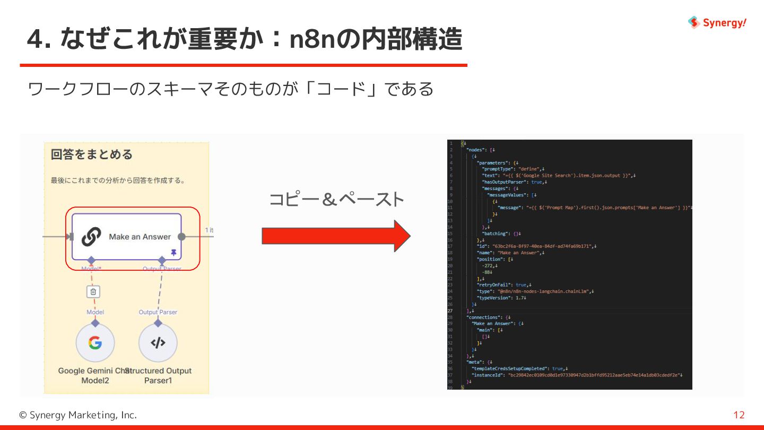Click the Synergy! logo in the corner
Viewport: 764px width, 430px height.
pyautogui.click(x=717, y=22)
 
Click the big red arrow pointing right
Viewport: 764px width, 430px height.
pyautogui.click(x=336, y=236)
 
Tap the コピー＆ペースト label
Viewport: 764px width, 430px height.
pyautogui.click(x=336, y=200)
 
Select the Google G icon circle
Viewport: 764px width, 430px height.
pyautogui.click(x=95, y=343)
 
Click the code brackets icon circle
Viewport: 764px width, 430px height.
pyautogui.click(x=158, y=343)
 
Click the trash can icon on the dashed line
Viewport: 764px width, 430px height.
pyautogui.click(x=93, y=291)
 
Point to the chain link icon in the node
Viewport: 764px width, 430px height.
pyautogui.click(x=91, y=237)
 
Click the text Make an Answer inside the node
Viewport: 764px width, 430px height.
pyautogui.click(x=140, y=237)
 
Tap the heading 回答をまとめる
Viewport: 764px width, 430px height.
pyautogui.click(x=92, y=154)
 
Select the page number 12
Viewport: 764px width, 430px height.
pyautogui.click(x=739, y=415)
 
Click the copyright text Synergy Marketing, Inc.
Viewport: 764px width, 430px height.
pyautogui.click(x=78, y=415)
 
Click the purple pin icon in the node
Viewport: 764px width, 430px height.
pyautogui.click(x=173, y=252)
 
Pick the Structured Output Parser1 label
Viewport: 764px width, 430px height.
pyautogui.click(x=159, y=375)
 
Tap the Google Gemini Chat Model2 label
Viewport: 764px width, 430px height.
pyautogui.click(x=94, y=375)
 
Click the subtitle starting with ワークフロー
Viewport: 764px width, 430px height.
pyautogui.click(x=230, y=89)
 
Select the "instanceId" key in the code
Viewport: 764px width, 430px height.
pyautogui.click(x=488, y=375)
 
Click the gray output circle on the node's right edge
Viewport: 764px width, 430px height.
pyautogui.click(x=181, y=237)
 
